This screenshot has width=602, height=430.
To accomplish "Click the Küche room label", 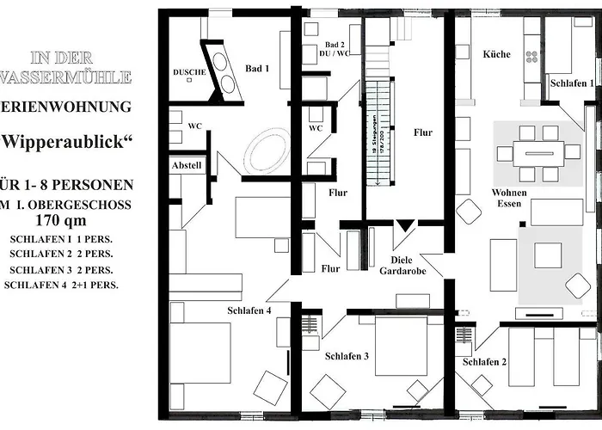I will point(496,54).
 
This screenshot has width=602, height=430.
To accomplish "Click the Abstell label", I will point(187,164).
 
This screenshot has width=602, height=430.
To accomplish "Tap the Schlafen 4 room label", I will point(250,310).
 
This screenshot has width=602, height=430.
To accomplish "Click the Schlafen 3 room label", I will point(347,356).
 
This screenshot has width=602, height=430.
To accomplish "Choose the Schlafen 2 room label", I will point(484,362).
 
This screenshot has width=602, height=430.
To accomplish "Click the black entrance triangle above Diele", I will point(404,226).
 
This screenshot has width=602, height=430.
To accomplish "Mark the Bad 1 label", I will point(257,68).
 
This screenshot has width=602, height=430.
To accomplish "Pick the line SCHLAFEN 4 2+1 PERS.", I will point(61,284).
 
